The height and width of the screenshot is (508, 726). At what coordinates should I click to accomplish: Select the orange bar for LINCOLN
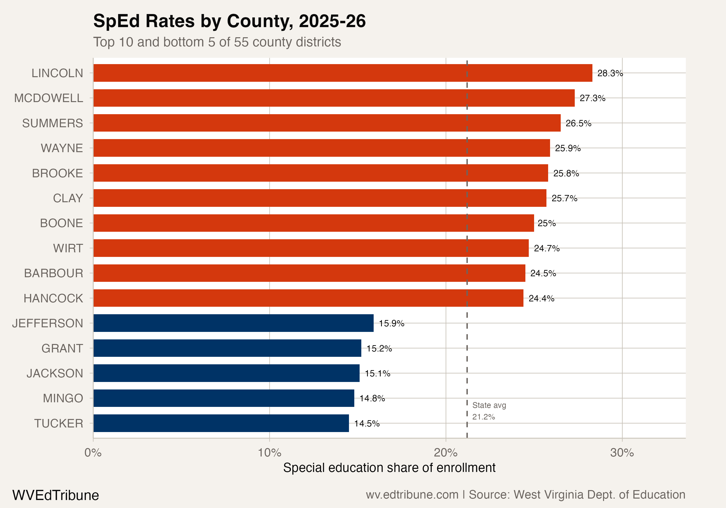pos(342,73)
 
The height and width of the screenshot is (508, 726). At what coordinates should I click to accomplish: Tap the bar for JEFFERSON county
pos(233,323)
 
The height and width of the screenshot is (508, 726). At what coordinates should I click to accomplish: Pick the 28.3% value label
pos(610,73)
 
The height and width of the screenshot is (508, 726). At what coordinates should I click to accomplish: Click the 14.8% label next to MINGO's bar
pos(372,398)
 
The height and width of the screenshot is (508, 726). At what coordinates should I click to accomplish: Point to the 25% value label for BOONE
pos(546,223)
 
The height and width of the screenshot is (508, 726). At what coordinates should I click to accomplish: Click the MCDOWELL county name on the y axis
pos(49,98)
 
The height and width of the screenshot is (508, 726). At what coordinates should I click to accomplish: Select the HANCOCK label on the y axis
pos(53,298)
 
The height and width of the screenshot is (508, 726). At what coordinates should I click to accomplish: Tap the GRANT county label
pos(62,348)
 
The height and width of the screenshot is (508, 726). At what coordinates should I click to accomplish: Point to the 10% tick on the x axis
pos(269,453)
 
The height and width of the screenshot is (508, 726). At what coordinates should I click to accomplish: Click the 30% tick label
pos(622,453)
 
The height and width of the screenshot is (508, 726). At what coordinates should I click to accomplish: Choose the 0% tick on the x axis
pos(93,453)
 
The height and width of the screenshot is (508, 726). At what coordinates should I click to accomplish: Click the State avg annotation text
pos(489,405)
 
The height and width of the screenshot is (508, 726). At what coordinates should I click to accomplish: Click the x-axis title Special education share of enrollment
pos(389,468)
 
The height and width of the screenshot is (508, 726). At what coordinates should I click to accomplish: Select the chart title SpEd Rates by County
pos(229,21)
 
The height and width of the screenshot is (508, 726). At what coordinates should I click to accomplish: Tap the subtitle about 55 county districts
pos(217,42)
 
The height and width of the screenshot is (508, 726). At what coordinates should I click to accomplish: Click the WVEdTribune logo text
pos(56,495)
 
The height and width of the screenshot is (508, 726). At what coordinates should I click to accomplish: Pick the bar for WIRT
pos(311,248)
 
